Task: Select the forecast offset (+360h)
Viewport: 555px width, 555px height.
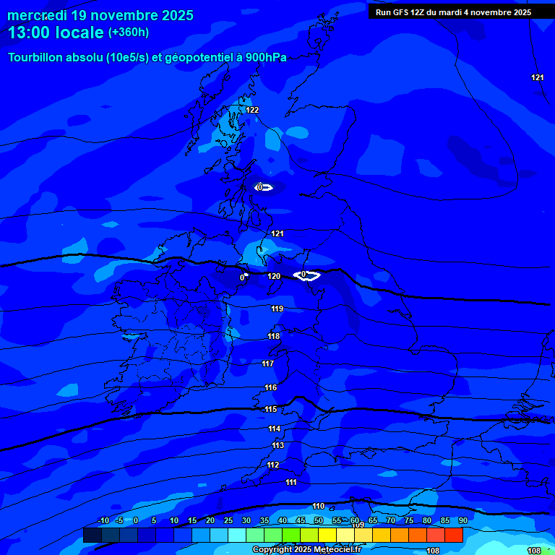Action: pos(129,32)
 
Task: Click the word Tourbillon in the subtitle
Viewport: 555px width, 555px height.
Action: pos(37,58)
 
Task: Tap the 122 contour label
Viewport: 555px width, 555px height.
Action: pos(252,110)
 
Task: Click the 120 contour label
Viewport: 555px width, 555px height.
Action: pos(274,276)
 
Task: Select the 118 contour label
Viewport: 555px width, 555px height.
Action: pos(274,336)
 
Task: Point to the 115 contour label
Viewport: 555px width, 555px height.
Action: pos(271,409)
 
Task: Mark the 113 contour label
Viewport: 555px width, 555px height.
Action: pos(278,445)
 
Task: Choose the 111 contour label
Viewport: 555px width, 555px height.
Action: pos(291,482)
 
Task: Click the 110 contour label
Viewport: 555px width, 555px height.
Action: pos(319,506)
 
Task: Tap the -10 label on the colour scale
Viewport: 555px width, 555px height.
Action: pos(103,521)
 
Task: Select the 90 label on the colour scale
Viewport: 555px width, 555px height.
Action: pos(463,521)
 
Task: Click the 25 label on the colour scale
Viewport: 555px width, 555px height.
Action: pos(228,521)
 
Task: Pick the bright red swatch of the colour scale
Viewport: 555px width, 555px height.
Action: pos(453,535)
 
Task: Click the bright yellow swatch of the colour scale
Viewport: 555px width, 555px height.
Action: pos(327,535)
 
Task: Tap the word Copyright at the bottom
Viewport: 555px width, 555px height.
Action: pos(273,550)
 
